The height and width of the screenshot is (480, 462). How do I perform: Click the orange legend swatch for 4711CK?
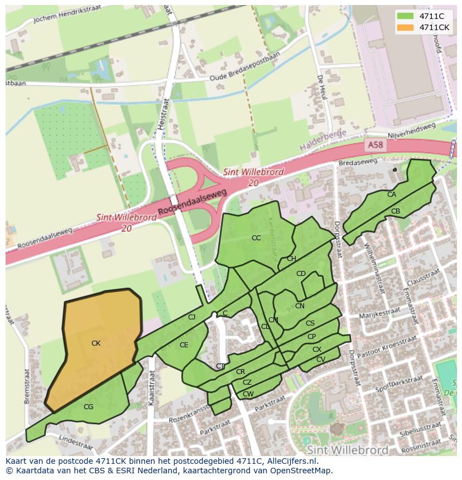(x=406, y=27)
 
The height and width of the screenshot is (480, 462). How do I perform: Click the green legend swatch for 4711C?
(x=406, y=16)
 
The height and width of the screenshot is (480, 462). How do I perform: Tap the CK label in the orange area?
(x=96, y=343)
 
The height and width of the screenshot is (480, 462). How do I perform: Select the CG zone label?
(x=88, y=407)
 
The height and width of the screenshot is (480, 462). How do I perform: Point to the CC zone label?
(x=256, y=238)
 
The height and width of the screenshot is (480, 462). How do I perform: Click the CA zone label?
(x=392, y=195)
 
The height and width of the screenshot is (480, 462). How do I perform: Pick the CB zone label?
(x=396, y=211)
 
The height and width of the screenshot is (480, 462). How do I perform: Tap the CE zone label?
(x=184, y=345)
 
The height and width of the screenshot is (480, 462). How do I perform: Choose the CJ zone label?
(x=191, y=317)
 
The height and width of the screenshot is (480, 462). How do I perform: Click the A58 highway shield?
(x=376, y=145)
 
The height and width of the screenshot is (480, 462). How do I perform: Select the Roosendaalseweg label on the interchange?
(x=192, y=201)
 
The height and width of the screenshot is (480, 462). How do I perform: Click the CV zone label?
(x=320, y=360)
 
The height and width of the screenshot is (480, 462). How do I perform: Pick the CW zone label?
(x=248, y=394)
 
